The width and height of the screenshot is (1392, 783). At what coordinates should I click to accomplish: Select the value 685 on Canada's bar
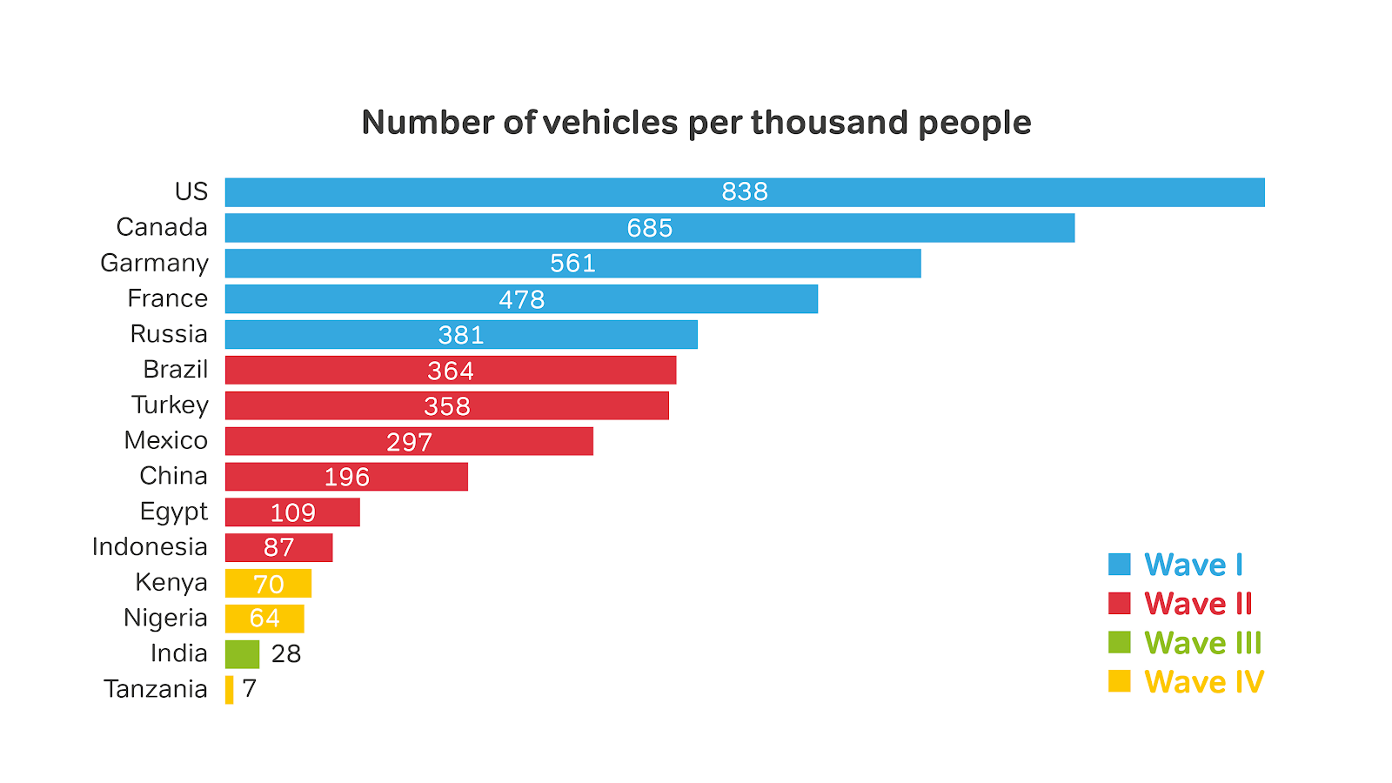point(650,228)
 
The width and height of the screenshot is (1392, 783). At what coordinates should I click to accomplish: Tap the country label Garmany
point(155,263)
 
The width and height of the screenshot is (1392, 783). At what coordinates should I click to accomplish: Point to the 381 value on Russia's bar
point(461,335)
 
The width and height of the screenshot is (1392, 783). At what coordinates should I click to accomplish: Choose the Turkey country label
point(171,405)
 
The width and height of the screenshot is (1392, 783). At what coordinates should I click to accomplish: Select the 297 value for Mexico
point(410,442)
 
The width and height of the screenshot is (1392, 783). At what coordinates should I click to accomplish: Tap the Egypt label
point(174,512)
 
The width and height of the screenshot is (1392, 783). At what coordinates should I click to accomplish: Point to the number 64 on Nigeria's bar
point(264,619)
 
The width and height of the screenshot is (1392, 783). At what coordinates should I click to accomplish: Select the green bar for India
point(242,654)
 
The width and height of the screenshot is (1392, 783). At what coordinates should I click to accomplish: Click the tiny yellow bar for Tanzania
point(229,690)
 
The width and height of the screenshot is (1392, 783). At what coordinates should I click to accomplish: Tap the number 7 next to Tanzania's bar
point(250,689)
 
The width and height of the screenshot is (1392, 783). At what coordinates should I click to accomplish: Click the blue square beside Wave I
point(1120,565)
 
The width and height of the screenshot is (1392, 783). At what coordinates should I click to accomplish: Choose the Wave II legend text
point(1198,604)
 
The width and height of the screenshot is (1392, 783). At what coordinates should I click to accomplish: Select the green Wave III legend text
point(1202,643)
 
